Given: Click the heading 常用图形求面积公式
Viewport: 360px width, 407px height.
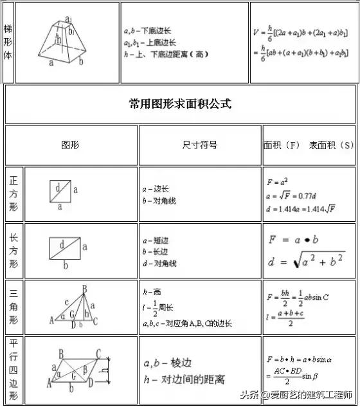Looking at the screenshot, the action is pos(179,104).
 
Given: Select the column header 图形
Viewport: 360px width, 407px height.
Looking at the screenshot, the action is pos(70,145).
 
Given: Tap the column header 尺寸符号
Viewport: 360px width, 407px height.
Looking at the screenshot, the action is pos(200,145).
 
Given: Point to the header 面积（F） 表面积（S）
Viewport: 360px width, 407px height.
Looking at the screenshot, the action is pos(309,145).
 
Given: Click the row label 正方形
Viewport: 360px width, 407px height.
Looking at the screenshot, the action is pos(14,194).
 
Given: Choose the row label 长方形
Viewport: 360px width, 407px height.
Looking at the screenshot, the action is pos(14,250).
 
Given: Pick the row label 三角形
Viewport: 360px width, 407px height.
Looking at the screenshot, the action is pos(14,307).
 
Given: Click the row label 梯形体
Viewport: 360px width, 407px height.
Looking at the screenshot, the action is pos(8,42).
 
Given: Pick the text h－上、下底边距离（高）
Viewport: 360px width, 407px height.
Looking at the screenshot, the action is pos(166,55).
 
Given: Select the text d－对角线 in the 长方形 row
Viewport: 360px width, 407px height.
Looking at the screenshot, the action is pos(159,264).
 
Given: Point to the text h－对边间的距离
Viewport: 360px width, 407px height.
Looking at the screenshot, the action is pos(185,380).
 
